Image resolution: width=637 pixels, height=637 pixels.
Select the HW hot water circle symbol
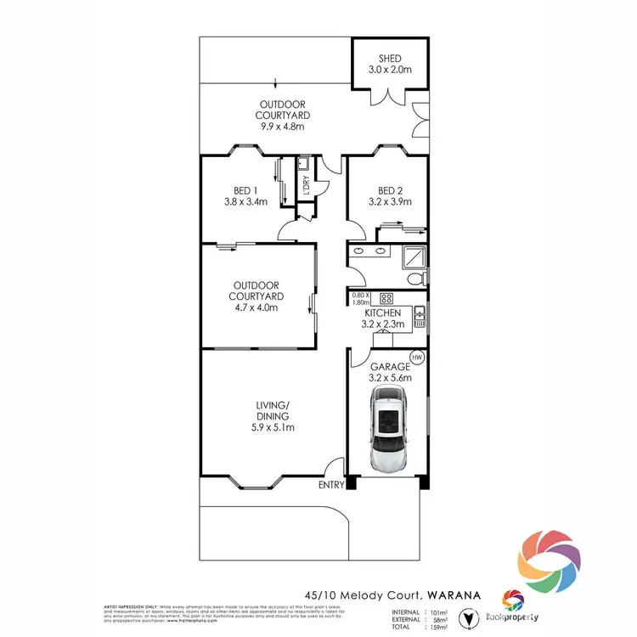point(417,357)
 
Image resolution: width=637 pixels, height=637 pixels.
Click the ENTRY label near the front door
point(331,485)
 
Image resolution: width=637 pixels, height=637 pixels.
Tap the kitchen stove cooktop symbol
point(386,297)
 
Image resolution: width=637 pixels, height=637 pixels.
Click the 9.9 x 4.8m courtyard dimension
point(283,127)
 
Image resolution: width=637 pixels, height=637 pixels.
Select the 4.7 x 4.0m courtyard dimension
point(256,307)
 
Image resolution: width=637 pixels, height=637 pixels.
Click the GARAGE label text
point(390,366)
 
